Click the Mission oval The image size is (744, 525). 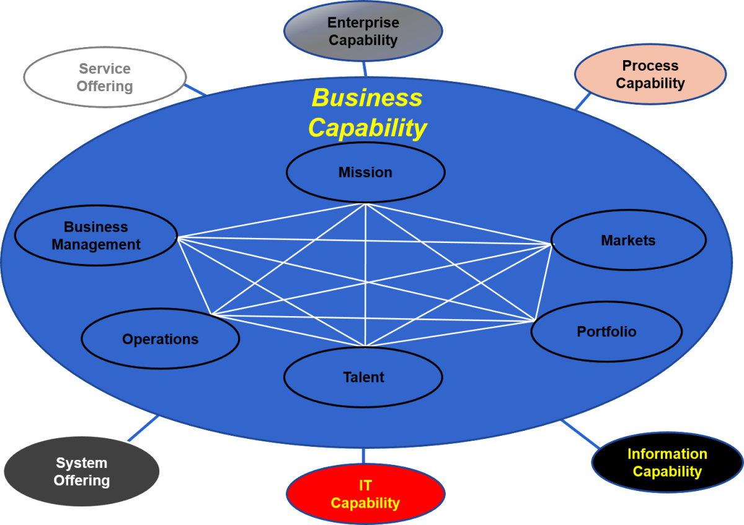click(x=365, y=172)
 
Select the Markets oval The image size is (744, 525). click(x=628, y=240)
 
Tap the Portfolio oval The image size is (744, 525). click(x=606, y=332)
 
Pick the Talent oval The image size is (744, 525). click(x=363, y=377)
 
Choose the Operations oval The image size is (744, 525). click(x=160, y=339)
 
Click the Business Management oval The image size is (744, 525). click(x=96, y=236)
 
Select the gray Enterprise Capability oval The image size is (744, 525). click(x=363, y=31)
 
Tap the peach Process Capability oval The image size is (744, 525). click(x=650, y=74)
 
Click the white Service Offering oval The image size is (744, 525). click(x=104, y=77)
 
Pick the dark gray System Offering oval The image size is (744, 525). click(x=81, y=472)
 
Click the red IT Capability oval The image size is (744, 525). click(x=365, y=494)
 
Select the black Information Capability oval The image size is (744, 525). click(x=667, y=463)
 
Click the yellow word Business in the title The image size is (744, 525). click(x=366, y=98)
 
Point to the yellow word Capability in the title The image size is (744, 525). click(x=367, y=128)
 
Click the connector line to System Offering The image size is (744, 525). click(x=143, y=429)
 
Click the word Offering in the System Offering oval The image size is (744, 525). click(x=81, y=481)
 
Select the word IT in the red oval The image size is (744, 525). click(x=365, y=485)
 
